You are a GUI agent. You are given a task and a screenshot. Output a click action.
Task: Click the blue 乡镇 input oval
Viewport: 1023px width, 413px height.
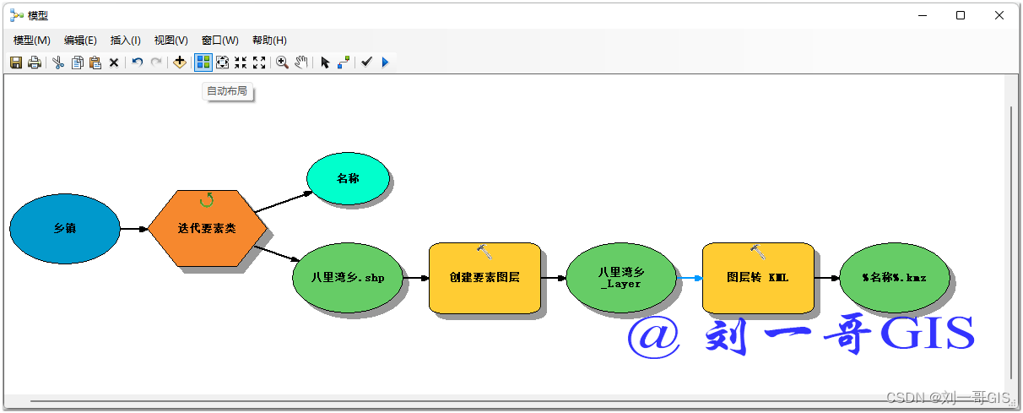click(65, 229)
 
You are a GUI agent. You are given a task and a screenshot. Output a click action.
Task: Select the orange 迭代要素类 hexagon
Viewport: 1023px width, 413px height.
click(207, 229)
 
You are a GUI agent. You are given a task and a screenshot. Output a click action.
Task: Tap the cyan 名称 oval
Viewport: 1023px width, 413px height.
click(348, 179)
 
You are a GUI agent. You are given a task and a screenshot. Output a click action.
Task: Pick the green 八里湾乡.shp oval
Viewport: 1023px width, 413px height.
click(347, 277)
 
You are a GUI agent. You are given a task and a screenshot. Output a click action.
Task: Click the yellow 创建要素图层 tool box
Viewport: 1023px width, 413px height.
click(484, 278)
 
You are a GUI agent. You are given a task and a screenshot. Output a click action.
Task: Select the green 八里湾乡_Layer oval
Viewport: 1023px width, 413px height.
click(620, 278)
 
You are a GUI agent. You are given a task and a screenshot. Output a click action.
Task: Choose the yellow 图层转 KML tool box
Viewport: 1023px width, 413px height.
click(757, 278)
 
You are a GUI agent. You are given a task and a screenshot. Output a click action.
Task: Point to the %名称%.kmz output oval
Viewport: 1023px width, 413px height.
click(894, 277)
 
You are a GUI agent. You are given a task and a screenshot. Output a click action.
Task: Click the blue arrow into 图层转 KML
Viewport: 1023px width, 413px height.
click(690, 278)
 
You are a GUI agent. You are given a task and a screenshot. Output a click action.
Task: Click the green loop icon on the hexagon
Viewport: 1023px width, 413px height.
click(206, 200)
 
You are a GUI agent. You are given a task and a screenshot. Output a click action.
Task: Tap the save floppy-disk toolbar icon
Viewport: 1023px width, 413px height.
click(16, 62)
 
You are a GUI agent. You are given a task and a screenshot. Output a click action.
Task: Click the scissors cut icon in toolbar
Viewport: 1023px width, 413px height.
click(58, 62)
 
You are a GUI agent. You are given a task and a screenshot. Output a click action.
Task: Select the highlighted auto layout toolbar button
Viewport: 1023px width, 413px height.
click(203, 62)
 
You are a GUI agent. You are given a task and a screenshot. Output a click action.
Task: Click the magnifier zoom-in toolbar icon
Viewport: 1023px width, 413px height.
click(282, 62)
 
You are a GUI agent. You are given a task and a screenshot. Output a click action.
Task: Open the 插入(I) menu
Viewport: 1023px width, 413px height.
click(125, 41)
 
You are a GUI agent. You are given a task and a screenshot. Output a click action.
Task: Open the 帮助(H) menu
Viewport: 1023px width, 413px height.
click(269, 41)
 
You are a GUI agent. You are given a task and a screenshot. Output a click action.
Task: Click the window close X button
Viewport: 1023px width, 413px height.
click(999, 15)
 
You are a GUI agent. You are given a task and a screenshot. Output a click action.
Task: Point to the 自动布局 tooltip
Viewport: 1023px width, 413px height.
click(227, 91)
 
